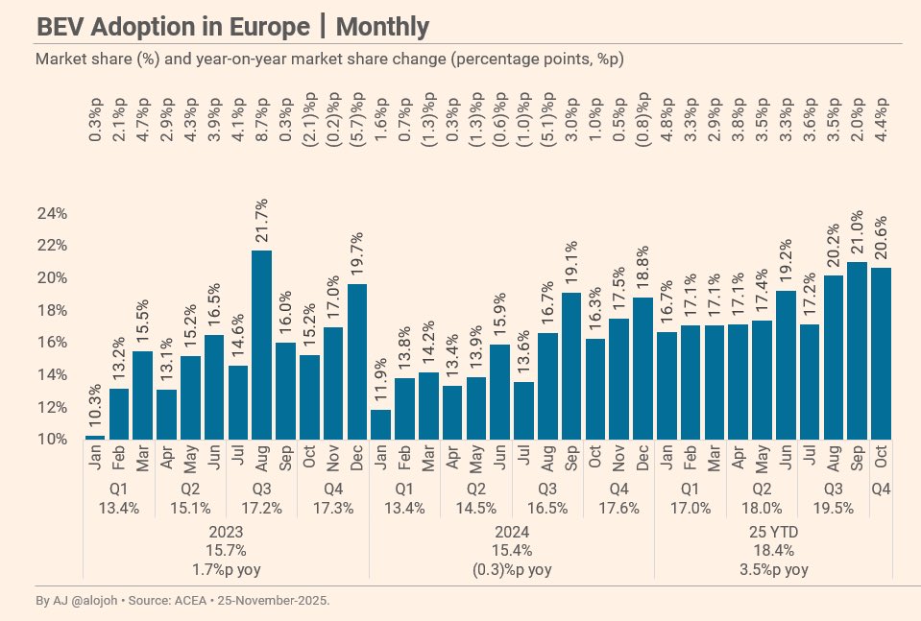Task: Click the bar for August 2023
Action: [x=261, y=346]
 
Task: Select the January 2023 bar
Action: [x=95, y=437]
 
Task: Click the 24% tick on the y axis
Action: [x=51, y=213]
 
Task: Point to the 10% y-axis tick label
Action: [x=51, y=440]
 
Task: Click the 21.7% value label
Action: [x=262, y=222]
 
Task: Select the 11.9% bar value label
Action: [x=381, y=380]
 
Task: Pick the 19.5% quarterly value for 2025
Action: [x=834, y=508]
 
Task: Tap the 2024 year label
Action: [x=512, y=531]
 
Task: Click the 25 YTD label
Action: [x=774, y=531]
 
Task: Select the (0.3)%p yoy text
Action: [x=512, y=569]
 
